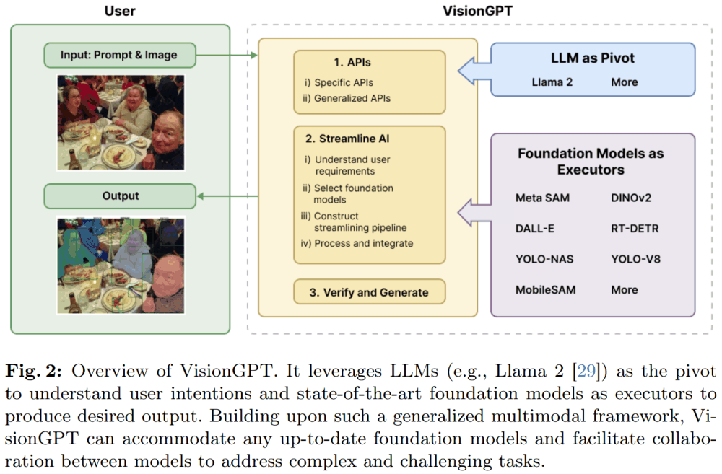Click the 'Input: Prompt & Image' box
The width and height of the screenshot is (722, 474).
[x=120, y=55]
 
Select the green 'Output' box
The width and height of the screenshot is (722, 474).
[x=120, y=196]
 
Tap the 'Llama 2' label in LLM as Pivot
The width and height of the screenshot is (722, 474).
[x=552, y=82]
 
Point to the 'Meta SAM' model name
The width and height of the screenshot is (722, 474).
[x=542, y=197]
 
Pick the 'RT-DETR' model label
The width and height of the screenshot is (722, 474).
[x=635, y=228]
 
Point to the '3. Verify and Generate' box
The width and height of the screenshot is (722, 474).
[x=369, y=292]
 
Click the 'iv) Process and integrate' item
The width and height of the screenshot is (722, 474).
[x=358, y=243]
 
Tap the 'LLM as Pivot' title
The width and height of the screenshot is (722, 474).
[x=592, y=58]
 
